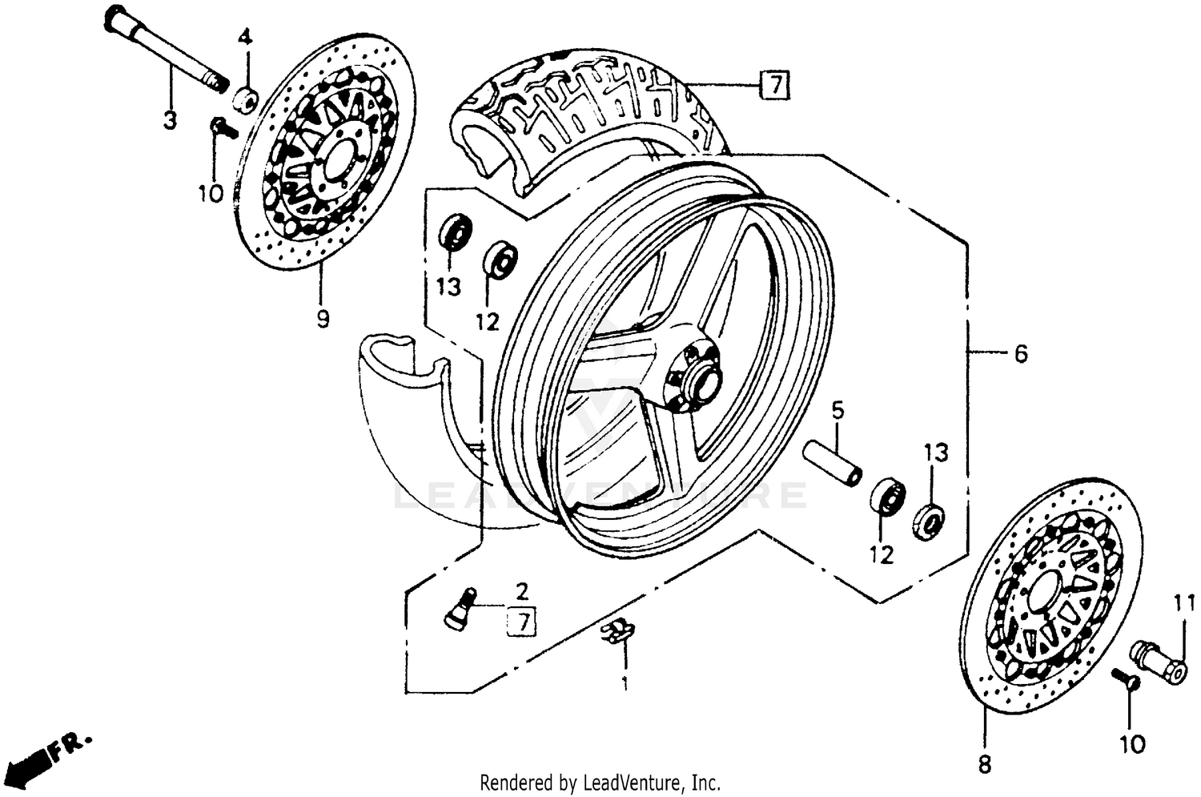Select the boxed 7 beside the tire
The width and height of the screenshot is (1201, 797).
[774, 84]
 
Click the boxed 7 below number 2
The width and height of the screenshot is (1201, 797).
[522, 622]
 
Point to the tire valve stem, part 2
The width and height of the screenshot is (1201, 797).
[460, 606]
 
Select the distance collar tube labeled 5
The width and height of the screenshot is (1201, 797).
[833, 463]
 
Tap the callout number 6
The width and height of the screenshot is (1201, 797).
[1020, 353]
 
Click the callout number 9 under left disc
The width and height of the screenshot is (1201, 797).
[322, 320]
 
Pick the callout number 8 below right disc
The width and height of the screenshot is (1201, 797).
[984, 764]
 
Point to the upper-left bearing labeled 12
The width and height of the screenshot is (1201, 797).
[500, 259]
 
